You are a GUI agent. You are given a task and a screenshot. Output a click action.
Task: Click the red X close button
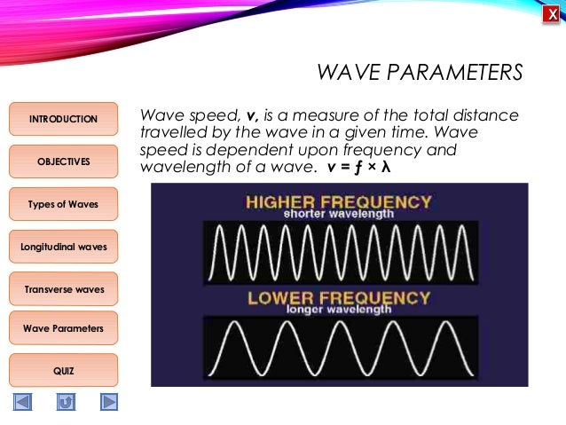pos(551,14)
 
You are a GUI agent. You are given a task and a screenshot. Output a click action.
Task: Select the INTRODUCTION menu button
pos(63,119)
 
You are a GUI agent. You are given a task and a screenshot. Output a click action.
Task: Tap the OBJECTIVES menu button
pos(63,161)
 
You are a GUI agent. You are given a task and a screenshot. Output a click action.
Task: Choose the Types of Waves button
pos(63,204)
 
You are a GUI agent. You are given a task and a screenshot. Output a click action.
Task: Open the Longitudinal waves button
pos(63,246)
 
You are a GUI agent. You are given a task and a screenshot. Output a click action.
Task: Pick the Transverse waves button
pos(63,289)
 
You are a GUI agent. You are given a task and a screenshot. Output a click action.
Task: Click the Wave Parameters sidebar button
pos(63,328)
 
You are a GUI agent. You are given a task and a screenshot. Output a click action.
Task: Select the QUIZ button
pos(63,370)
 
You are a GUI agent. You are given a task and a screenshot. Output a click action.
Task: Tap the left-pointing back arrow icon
pos(22,402)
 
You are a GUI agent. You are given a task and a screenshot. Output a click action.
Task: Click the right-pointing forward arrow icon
pos(108,402)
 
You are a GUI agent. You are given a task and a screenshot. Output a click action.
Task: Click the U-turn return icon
pos(66,402)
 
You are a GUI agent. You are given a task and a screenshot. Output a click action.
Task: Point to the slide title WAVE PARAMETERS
pos(420,72)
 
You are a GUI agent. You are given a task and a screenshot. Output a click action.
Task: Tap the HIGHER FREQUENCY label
pos(339,201)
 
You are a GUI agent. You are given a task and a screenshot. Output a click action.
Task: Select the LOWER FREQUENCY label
pos(339,296)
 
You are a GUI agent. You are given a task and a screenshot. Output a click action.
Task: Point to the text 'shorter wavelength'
pos(339,214)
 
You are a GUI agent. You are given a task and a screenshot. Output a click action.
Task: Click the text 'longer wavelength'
pos(339,310)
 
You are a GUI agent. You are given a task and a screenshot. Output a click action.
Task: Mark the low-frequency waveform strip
pos(341,349)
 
